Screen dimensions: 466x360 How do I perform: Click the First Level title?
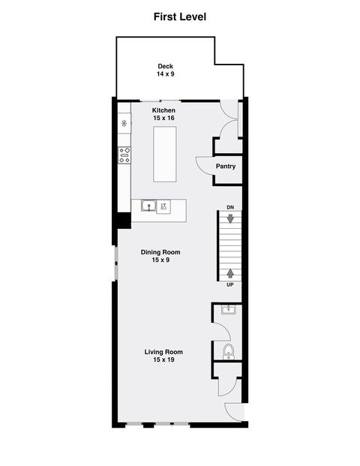pyautogui.click(x=180, y=16)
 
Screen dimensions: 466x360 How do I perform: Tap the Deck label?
pyautogui.click(x=165, y=66)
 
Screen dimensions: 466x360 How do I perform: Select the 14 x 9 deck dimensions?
pyautogui.click(x=165, y=74)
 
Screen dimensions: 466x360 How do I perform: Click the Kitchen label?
pyautogui.click(x=163, y=110)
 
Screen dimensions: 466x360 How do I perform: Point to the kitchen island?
pyautogui.click(x=165, y=154)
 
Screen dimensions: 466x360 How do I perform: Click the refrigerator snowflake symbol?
pyautogui.click(x=124, y=123)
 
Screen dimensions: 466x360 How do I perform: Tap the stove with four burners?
pyautogui.click(x=124, y=155)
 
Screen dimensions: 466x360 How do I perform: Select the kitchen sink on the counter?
pyautogui.click(x=149, y=206)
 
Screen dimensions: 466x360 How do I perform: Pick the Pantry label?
pyautogui.click(x=226, y=167)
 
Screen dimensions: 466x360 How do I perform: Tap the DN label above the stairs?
pyautogui.click(x=230, y=207)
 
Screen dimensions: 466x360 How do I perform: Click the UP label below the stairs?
pyautogui.click(x=230, y=285)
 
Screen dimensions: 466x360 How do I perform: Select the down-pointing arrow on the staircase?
pyautogui.click(x=230, y=218)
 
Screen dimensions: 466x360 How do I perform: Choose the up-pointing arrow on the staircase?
pyautogui.click(x=230, y=273)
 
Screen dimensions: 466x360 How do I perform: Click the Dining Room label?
pyautogui.click(x=160, y=252)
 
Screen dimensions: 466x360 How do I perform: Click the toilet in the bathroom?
pyautogui.click(x=229, y=352)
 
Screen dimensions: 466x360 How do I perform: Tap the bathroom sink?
pyautogui.click(x=229, y=309)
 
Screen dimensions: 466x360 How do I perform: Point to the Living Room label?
pyautogui.click(x=163, y=352)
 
